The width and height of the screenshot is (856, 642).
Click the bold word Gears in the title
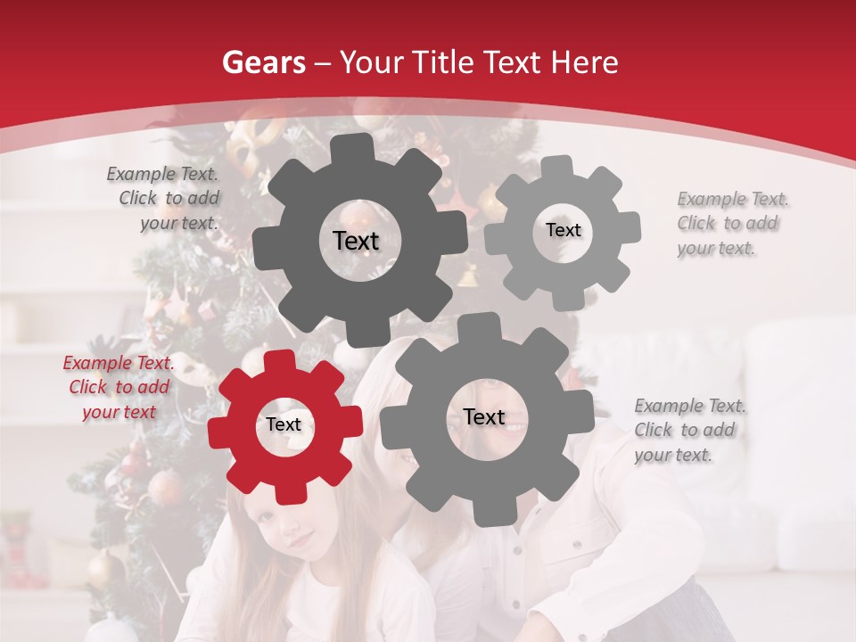click(263, 62)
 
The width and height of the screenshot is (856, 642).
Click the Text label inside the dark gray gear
click(356, 241)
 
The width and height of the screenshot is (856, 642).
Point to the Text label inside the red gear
click(284, 425)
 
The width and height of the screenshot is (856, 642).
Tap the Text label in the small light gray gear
click(563, 230)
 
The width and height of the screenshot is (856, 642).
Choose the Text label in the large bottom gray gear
click(484, 417)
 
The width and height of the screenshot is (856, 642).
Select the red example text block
click(119, 388)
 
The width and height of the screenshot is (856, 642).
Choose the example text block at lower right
click(688, 431)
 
